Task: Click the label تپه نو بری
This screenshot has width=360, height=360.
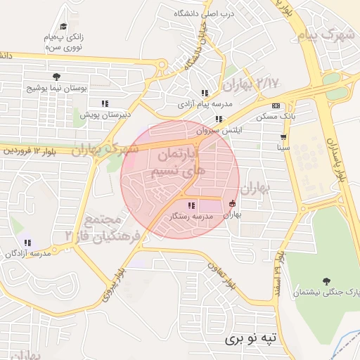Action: coord(252,338)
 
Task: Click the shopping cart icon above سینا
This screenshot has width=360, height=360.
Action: coord(283,137)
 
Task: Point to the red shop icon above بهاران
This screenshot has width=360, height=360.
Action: coord(232,204)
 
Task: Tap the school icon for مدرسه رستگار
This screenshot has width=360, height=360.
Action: coord(172,205)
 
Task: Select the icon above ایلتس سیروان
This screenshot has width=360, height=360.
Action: coord(219,119)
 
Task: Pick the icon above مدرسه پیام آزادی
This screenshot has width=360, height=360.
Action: coord(205,93)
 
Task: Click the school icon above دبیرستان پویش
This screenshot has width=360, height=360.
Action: coord(105,103)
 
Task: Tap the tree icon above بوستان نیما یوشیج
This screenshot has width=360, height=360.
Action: coord(56,77)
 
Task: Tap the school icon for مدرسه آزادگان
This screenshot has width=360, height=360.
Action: coord(27,242)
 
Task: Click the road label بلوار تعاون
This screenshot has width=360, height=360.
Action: coord(220,274)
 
